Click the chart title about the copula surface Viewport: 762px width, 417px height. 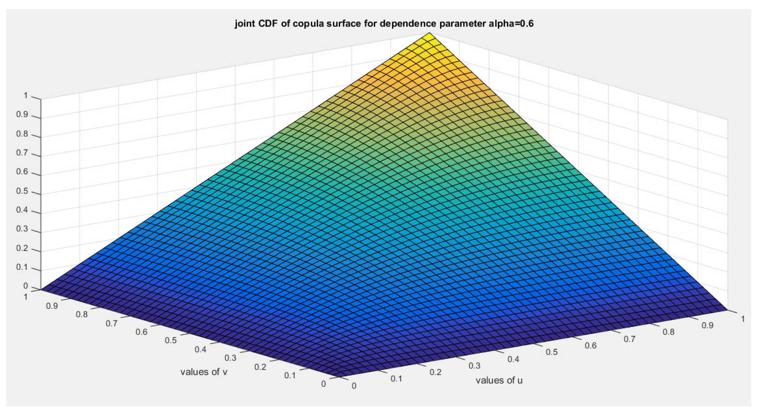coord(384,24)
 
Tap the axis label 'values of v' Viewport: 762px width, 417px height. coord(204,372)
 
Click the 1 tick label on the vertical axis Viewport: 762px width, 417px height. coord(25,96)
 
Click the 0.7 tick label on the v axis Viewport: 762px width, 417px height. coord(111,323)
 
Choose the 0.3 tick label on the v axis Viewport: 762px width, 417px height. coord(231,358)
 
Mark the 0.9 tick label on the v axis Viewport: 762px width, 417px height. coord(52,306)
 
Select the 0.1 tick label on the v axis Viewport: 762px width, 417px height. coord(290,375)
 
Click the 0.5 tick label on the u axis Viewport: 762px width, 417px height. coord(551,352)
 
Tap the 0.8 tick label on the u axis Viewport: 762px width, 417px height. coord(668,332)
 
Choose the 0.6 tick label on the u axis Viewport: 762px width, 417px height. coord(590,345)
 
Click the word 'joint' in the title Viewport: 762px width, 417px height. coord(244,24)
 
